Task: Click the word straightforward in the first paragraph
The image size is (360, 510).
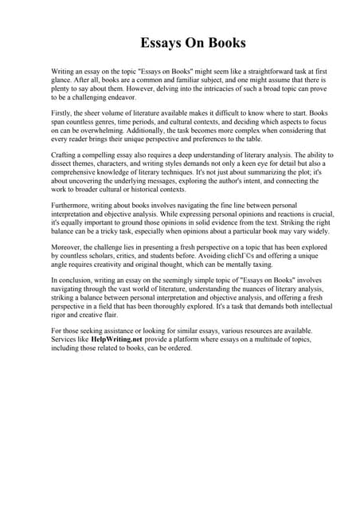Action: [x=237, y=72]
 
